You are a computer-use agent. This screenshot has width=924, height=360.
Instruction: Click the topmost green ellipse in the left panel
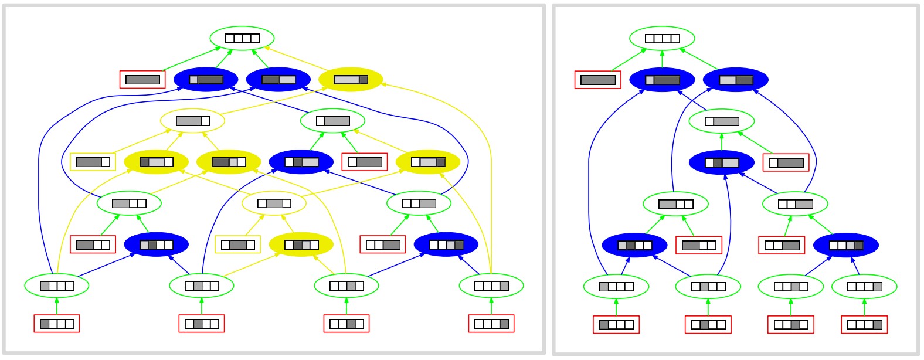coord(242,38)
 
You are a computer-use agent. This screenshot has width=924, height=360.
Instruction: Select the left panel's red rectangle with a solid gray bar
coord(142,80)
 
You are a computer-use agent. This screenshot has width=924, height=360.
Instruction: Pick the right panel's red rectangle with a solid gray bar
coord(597,80)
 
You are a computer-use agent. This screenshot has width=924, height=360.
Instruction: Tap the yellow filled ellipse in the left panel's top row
coord(351,80)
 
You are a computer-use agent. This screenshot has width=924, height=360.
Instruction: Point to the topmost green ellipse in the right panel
coord(662,39)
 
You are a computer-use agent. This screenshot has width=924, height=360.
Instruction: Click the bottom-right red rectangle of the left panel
coord(491,324)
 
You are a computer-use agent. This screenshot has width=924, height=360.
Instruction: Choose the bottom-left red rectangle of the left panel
coord(57,324)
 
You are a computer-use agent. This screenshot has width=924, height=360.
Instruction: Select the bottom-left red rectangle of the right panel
coord(616,325)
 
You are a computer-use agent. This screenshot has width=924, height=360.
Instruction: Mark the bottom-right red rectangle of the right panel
coord(864,325)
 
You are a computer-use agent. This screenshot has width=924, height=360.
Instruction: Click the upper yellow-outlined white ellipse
coord(193,121)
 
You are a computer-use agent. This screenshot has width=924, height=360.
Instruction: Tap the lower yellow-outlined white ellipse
coord(274,203)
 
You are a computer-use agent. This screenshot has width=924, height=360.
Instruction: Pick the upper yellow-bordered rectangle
coord(93,162)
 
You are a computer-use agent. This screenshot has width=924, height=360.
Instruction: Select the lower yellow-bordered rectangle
coord(237,244)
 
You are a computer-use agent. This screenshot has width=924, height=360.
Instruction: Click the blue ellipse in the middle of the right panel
coord(721,162)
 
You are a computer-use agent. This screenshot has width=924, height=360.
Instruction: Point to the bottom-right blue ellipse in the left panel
coord(446,244)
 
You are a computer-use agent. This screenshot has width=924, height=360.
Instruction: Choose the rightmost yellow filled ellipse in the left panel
coord(428,162)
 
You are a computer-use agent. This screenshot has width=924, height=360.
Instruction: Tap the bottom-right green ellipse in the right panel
coord(864,287)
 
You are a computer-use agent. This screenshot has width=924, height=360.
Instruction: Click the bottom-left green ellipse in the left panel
coord(57,286)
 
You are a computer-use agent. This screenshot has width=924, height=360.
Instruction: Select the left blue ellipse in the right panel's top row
coord(662,80)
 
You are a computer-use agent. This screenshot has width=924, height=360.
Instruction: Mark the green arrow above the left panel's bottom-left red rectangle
coord(57,305)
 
